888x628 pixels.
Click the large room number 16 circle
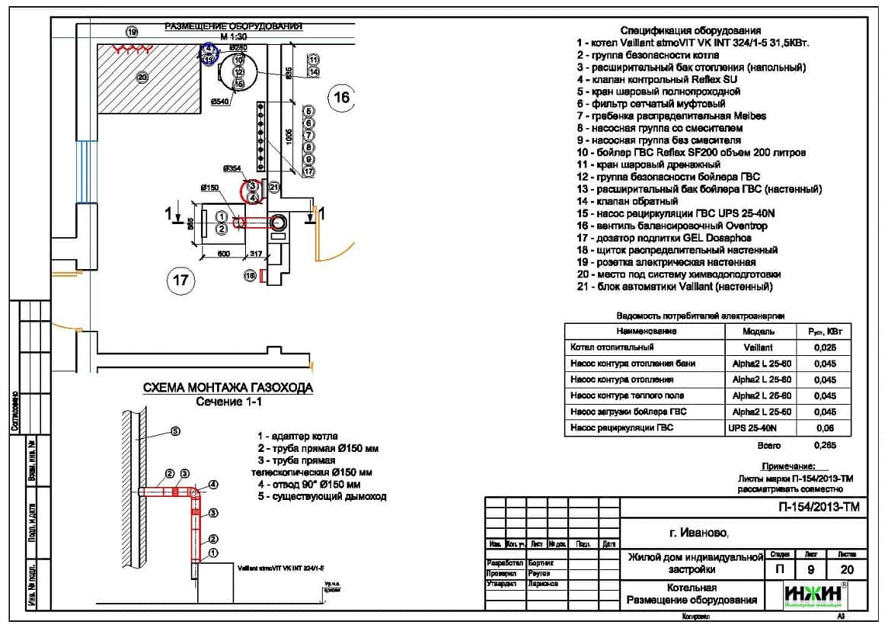coord(342,97)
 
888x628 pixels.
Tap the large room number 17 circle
coord(180,280)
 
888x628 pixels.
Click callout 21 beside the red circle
coord(274,186)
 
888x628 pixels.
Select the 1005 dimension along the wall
coord(289,136)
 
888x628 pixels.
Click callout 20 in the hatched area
coord(141,76)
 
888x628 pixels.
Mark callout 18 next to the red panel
coord(249,275)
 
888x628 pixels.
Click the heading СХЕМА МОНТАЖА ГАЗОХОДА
coord(228,388)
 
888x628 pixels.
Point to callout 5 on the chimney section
coord(175,431)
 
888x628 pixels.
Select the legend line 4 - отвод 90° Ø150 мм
coord(308,484)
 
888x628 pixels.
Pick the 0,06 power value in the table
coord(824,428)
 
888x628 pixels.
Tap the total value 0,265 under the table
coord(825,444)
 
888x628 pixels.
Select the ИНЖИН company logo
coord(813,594)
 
